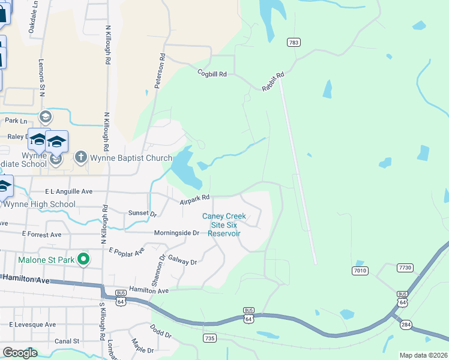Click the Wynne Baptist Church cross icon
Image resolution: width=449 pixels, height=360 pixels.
[x=80, y=157]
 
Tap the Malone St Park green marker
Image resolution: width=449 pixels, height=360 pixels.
[x=83, y=260]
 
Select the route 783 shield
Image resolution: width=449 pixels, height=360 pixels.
[x=294, y=42]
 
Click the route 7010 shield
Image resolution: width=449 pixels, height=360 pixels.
[x=360, y=271]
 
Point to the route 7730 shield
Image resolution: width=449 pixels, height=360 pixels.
[x=405, y=266]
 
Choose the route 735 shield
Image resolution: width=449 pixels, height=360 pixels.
[x=209, y=338]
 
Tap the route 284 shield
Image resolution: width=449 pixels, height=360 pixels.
[x=406, y=325]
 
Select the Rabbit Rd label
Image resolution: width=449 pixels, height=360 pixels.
[x=273, y=81]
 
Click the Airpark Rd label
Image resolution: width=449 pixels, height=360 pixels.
[x=194, y=199]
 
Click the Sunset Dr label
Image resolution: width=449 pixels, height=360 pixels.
[x=142, y=213]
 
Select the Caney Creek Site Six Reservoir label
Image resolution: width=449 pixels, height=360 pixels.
[x=224, y=225]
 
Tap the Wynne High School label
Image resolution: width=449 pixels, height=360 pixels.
[x=40, y=204]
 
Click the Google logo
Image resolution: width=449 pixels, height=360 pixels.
[x=20, y=353]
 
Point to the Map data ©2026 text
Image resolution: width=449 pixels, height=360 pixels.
[x=423, y=355]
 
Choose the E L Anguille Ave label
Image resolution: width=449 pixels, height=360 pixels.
[x=69, y=191]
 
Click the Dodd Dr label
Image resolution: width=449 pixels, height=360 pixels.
[x=160, y=331]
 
